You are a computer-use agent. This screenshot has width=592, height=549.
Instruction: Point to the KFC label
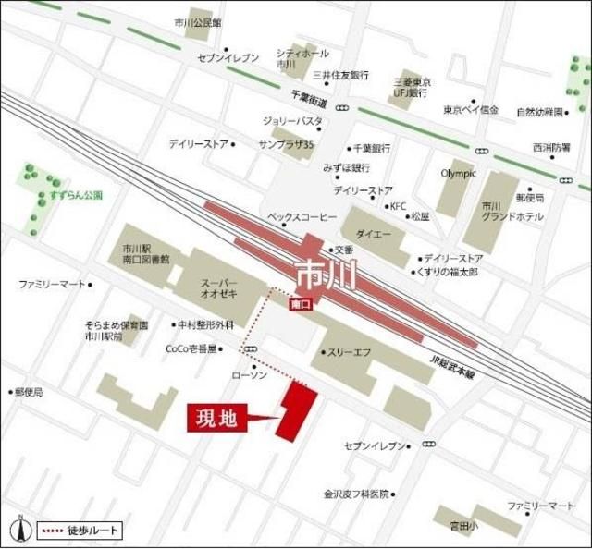[398, 206]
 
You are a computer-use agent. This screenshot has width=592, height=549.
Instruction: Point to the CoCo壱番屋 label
[191, 348]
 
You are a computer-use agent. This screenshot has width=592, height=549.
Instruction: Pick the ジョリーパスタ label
[291, 121]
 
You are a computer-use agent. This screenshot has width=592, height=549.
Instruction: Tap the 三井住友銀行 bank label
[339, 74]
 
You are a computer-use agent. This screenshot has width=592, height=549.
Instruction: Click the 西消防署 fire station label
[551, 146]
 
